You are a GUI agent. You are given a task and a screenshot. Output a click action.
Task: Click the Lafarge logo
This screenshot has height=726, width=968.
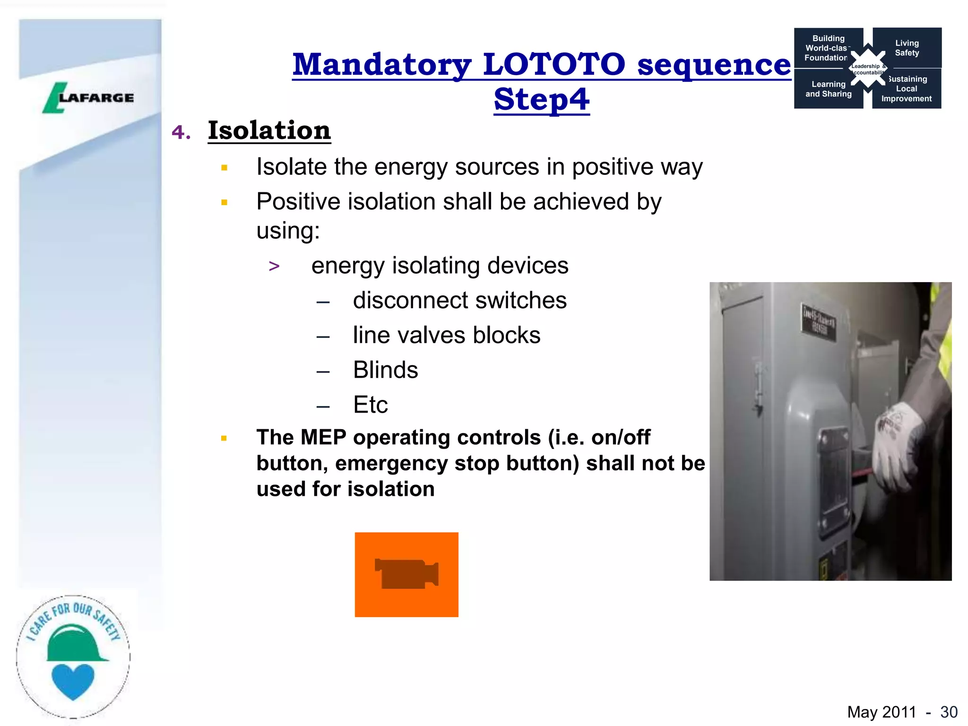coord(89,98)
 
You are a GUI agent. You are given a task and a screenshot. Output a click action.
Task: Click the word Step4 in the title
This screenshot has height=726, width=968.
coord(542,99)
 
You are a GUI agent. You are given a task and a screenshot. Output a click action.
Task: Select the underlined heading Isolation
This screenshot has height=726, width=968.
coord(269,130)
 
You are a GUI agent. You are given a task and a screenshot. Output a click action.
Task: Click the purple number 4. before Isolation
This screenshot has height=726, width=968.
coord(181,132)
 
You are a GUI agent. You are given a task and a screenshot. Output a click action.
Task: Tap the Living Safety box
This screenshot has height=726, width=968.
coord(907,48)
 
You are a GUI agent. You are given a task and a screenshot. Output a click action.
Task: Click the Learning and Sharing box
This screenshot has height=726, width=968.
coord(828,89)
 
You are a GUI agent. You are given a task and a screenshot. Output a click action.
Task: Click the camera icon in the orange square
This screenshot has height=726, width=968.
coord(406,574)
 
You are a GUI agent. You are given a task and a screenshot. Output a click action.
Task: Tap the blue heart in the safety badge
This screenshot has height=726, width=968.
coord(73,681)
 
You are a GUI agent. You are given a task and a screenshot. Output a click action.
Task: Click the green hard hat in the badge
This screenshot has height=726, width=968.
coord(75,644)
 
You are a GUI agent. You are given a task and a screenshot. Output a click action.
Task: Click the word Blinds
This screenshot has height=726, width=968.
coord(385,370)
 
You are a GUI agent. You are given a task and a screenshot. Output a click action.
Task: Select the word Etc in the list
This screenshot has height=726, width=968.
coord(370,405)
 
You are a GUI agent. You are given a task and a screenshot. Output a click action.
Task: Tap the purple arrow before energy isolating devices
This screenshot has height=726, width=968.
coord(274,266)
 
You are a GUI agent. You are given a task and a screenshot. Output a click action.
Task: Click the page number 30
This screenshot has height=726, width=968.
coord(949,712)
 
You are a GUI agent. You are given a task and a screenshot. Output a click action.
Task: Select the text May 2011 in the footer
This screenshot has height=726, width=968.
coord(881,712)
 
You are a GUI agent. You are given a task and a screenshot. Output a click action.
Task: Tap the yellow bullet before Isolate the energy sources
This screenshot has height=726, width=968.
coord(225,167)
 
